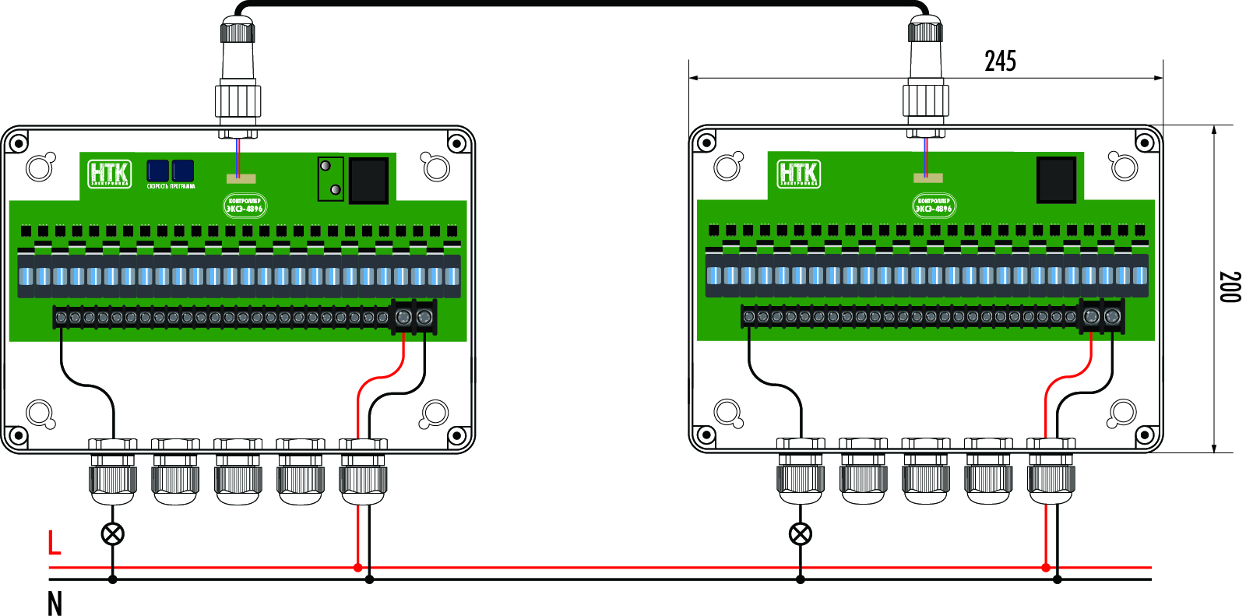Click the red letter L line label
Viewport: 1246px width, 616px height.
[54, 542]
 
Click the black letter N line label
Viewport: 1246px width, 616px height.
[55, 604]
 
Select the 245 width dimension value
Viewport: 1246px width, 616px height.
[1000, 61]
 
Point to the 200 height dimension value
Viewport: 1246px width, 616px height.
[1230, 287]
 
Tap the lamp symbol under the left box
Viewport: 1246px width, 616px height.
[113, 534]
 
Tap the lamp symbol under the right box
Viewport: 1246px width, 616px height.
[801, 534]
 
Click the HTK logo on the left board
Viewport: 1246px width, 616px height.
[109, 174]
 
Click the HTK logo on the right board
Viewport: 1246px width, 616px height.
[798, 174]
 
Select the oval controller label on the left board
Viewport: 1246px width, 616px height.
[245, 206]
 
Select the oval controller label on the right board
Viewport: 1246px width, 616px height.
[933, 206]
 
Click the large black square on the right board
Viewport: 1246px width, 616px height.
[1056, 179]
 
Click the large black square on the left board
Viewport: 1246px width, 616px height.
[368, 180]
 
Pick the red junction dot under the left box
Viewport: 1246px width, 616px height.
[357, 567]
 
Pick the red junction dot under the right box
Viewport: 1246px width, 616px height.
[1046, 567]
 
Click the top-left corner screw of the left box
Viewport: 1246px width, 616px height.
[16, 143]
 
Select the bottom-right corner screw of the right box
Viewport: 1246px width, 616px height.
[1145, 435]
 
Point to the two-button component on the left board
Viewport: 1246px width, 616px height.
[330, 178]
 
